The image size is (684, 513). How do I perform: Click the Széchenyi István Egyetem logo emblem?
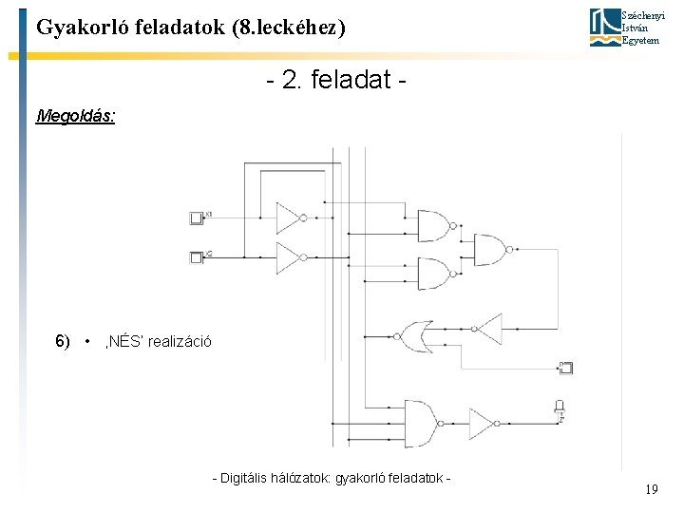603,27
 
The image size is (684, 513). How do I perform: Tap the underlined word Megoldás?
75,117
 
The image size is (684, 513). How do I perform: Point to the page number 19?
651,489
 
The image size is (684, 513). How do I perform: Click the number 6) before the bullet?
63,341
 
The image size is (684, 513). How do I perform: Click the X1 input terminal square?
198,218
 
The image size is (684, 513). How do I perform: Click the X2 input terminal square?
198,256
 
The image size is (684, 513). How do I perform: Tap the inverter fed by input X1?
290,218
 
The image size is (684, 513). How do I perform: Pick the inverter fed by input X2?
290,256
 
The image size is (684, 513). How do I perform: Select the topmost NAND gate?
434,225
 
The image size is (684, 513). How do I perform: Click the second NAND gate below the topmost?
434,274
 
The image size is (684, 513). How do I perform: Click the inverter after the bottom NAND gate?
483,420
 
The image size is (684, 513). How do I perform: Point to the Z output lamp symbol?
560,408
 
